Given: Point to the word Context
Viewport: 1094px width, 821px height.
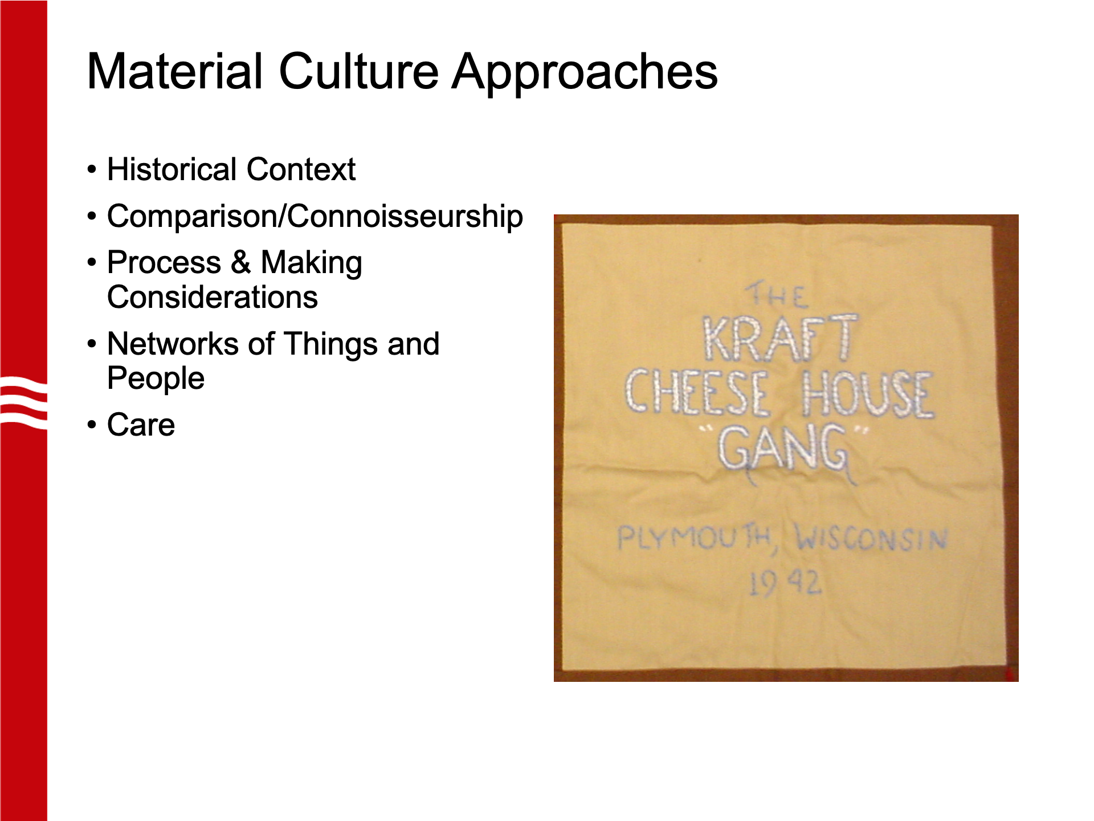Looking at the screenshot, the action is click(x=301, y=169).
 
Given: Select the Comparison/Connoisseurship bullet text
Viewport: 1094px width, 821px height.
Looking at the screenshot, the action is click(x=315, y=217).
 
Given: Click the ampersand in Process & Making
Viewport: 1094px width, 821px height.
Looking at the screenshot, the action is click(x=241, y=262).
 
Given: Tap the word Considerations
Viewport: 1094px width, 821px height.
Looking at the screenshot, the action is click(x=213, y=297).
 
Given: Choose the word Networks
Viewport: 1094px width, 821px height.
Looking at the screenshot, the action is click(x=173, y=344).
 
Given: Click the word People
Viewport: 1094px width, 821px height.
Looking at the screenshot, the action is click(x=156, y=379).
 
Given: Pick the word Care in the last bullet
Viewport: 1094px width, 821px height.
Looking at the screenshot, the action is click(x=141, y=425).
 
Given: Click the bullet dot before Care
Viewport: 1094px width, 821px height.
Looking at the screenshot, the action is click(x=92, y=425).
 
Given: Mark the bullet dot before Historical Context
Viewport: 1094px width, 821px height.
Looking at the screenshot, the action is click(x=92, y=169).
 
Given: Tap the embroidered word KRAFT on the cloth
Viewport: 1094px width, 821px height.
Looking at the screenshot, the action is click(x=780, y=339).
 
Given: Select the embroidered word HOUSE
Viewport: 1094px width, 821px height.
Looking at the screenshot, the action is click(x=867, y=393).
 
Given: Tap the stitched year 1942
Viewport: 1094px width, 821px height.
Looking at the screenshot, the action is click(x=785, y=583).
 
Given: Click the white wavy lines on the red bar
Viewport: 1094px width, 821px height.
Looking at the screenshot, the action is click(x=23, y=402).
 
